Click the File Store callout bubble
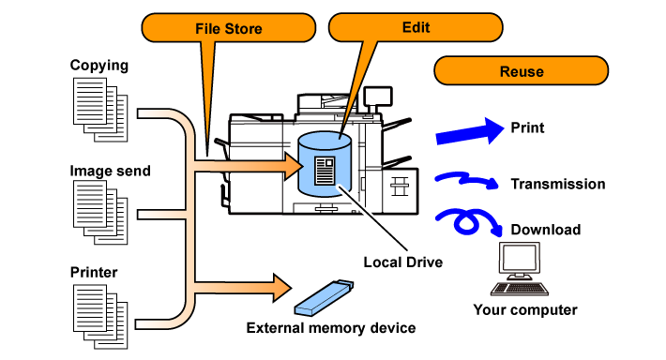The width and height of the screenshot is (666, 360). click(229, 28)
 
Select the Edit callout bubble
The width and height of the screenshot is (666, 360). click(416, 27)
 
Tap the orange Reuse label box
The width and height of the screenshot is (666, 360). click(522, 71)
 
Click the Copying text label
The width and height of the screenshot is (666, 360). click(99, 66)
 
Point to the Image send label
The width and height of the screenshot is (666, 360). click(110, 171)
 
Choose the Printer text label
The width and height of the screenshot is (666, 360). click(94, 272)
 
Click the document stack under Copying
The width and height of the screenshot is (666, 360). click(100, 110)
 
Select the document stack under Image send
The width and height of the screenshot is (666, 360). click(100, 212)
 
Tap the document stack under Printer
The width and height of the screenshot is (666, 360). click(100, 317)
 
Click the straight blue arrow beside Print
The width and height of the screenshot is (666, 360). click(470, 131)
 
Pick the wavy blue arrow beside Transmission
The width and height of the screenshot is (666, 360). click(466, 180)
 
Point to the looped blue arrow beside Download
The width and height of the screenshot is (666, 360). click(467, 220)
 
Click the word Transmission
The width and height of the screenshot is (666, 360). click(558, 184)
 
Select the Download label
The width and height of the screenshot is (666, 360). click(546, 230)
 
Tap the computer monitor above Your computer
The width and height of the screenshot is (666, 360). click(520, 261)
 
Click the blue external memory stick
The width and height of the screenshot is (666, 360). click(324, 297)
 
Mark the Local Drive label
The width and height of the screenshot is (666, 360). click(402, 262)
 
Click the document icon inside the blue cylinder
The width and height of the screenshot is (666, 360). click(325, 171)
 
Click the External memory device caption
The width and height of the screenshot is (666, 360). click(331, 328)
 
